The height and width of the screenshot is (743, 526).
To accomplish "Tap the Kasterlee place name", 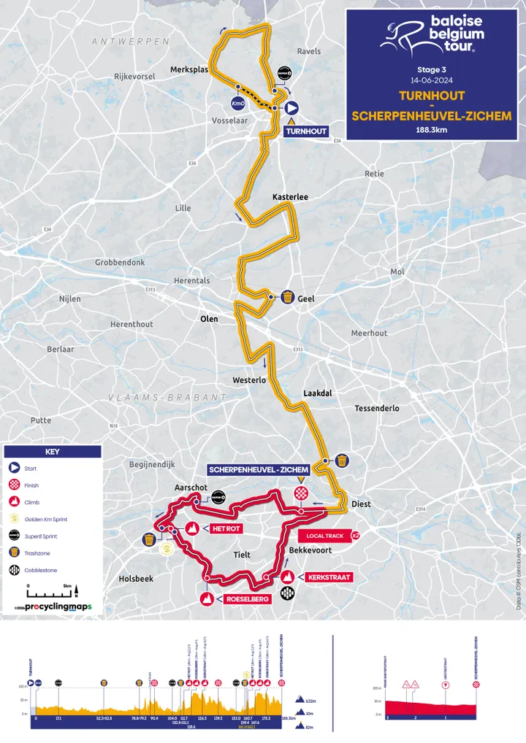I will coord(290,197).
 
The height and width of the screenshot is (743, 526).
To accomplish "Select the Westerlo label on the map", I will coord(248,380).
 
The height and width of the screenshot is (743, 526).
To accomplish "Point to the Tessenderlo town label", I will coord(376,408).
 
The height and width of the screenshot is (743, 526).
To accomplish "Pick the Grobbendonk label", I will coord(120,262).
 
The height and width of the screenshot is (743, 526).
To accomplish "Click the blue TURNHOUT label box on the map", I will coord(305,131).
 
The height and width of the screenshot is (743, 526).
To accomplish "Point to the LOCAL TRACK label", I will coord(325,536).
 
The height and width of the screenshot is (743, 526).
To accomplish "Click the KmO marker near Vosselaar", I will coord(237,103).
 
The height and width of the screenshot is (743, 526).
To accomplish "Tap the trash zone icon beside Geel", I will coord(289,297).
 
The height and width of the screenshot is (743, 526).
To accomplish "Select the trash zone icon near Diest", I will coord(341,461).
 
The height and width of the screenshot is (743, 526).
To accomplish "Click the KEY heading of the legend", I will coord(53,452).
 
